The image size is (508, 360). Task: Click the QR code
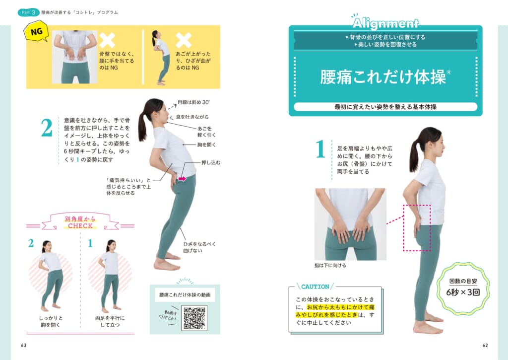coord(194,318)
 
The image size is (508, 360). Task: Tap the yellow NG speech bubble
coord(36,32)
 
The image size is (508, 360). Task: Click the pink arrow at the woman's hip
coord(182,179)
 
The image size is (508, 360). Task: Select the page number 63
coord(24,345)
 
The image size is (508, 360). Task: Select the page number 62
coord(485,345)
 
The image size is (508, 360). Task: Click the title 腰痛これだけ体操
coord(383,77)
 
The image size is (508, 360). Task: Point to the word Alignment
coord(385,23)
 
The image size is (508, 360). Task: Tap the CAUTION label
coord(315,287)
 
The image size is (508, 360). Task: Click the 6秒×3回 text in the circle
coord(463,292)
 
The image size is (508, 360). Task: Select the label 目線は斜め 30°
coord(194,102)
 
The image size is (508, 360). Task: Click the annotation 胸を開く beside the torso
coord(206,144)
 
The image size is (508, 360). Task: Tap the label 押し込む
coord(210,162)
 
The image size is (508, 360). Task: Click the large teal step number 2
coord(47,128)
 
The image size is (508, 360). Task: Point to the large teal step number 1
coord(320,148)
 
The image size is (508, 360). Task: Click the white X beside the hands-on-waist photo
coord(107,40)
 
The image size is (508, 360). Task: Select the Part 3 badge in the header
coord(28,12)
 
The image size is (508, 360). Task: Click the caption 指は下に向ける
coord(330,265)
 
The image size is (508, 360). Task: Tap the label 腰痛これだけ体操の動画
coord(185,295)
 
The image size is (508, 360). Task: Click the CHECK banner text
coord(80,226)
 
